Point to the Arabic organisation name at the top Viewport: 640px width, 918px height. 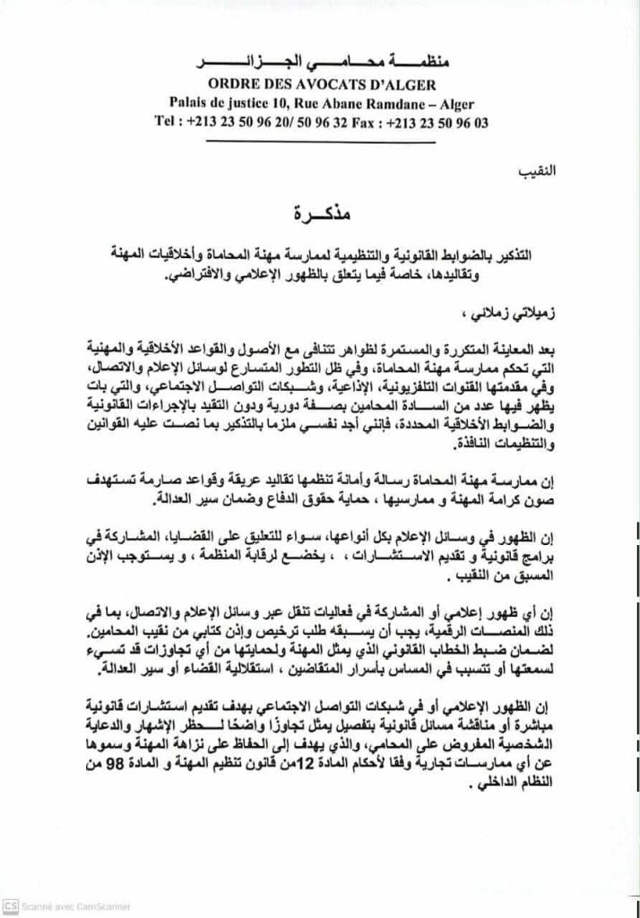click(322, 65)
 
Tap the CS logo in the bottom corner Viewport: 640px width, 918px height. click(11, 906)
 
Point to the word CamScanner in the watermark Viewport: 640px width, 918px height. click(98, 906)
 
